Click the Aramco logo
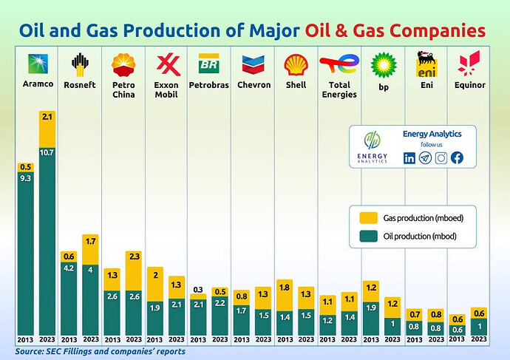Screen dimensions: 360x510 (x=37, y=63)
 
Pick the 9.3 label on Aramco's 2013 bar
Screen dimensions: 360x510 (x=26, y=178)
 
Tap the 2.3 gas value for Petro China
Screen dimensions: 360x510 (x=135, y=257)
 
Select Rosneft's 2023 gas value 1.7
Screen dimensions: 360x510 (x=90, y=241)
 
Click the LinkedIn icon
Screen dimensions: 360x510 (x=409, y=157)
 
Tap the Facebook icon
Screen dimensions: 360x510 (x=457, y=157)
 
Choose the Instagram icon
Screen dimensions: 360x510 (x=441, y=157)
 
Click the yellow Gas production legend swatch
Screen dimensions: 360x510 (x=367, y=217)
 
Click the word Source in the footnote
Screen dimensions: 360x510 (x=30, y=351)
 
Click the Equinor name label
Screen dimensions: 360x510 (x=470, y=85)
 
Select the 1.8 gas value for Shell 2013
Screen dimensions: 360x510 (x=285, y=285)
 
